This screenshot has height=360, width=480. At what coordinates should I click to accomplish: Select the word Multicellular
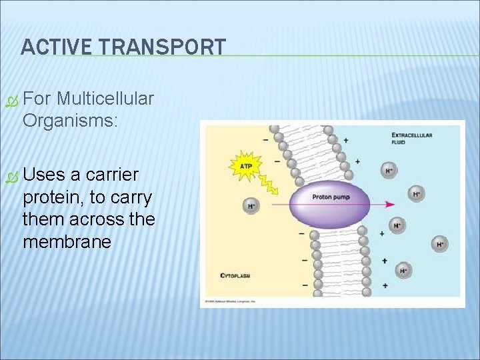pos(105,99)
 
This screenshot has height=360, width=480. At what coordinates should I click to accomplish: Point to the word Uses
pos(44,175)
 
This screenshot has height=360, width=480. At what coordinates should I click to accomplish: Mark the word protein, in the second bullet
pos(52,197)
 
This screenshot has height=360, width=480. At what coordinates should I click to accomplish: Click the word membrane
pos(67,241)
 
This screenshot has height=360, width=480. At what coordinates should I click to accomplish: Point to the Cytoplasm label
pos(234,275)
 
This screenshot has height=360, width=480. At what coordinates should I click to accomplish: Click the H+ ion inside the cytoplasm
pos(251,205)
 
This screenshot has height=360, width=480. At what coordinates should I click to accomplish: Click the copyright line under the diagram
pos(231,302)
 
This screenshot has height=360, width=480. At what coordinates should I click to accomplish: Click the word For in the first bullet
pos(37,99)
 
